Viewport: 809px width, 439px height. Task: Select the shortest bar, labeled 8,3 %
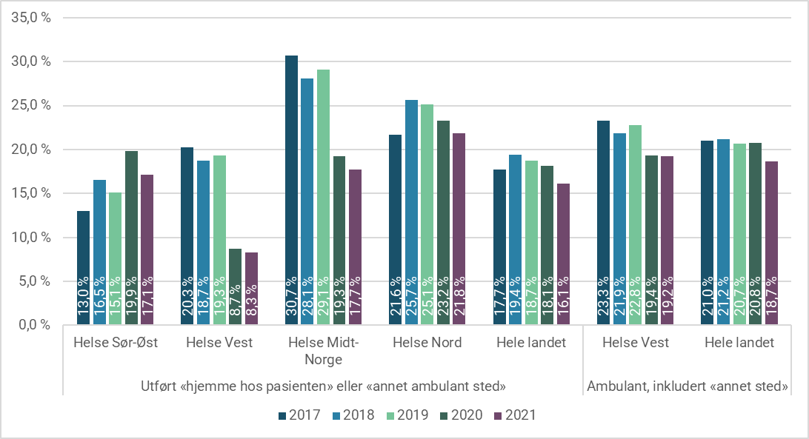pos(251,289)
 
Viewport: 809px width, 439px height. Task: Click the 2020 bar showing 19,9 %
pos(131,238)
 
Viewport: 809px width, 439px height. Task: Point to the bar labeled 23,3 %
pos(604,223)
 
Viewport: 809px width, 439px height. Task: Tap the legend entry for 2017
pos(299,415)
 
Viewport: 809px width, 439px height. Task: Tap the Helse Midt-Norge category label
pos(323,351)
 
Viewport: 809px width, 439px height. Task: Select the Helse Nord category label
pos(427,343)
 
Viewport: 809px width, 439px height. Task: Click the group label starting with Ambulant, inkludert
pos(687,386)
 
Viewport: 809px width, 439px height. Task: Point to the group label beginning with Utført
pos(322,386)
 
